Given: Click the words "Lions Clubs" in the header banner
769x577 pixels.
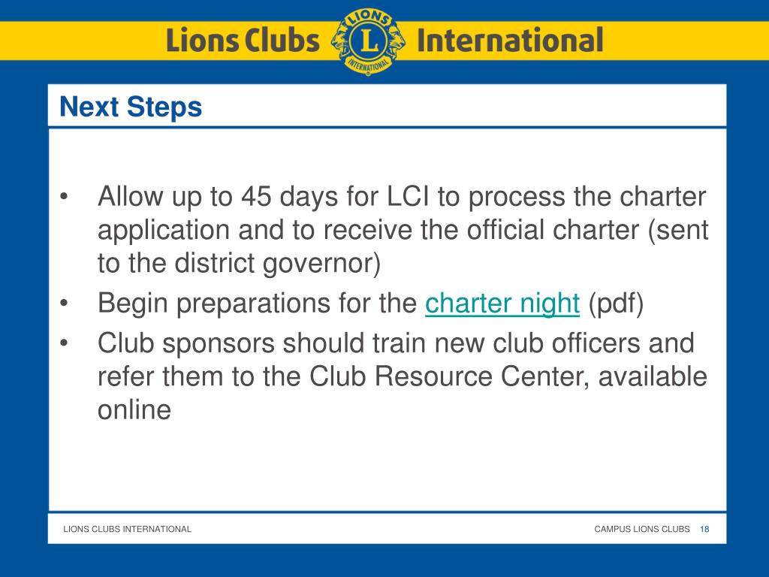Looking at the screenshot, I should [242, 40].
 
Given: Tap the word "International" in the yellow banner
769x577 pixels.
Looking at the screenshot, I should [509, 40].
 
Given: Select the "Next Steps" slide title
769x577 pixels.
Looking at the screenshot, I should [131, 107].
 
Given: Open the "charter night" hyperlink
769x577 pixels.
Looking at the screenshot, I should [502, 304].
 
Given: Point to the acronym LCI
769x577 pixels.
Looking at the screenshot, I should [409, 197].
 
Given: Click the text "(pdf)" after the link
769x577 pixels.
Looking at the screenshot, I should [616, 304].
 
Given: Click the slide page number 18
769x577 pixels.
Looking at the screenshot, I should [704, 529].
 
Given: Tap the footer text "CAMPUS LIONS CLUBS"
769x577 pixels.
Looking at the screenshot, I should [641, 529].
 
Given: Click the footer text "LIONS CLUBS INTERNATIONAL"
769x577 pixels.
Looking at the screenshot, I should [127, 529].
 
